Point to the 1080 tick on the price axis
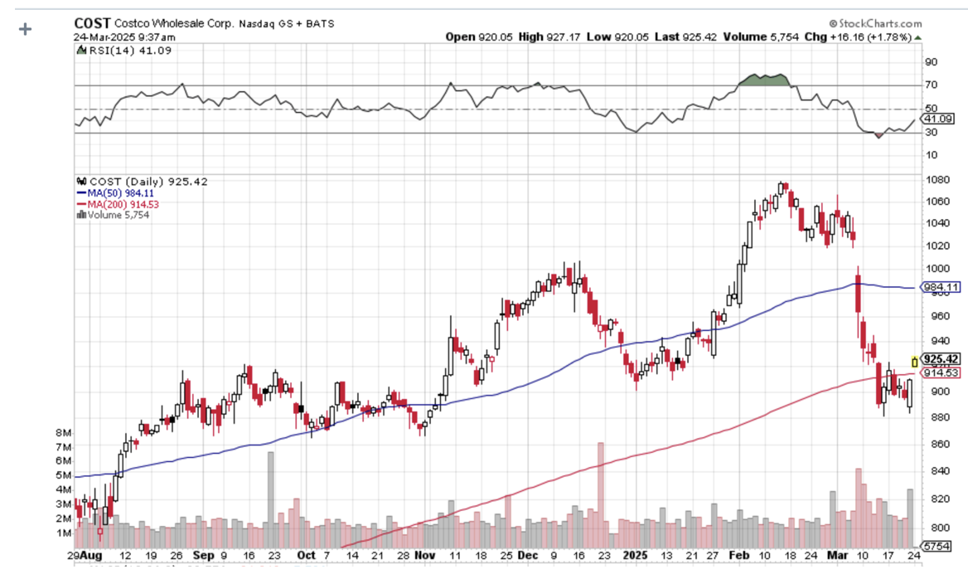937,179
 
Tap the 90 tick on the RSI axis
931,62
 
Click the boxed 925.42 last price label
941,359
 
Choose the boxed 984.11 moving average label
941,287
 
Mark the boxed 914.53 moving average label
941,372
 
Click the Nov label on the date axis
424,555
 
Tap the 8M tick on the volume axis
64,433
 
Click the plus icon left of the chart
25,29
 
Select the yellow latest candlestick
914,361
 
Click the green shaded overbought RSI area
762,80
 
